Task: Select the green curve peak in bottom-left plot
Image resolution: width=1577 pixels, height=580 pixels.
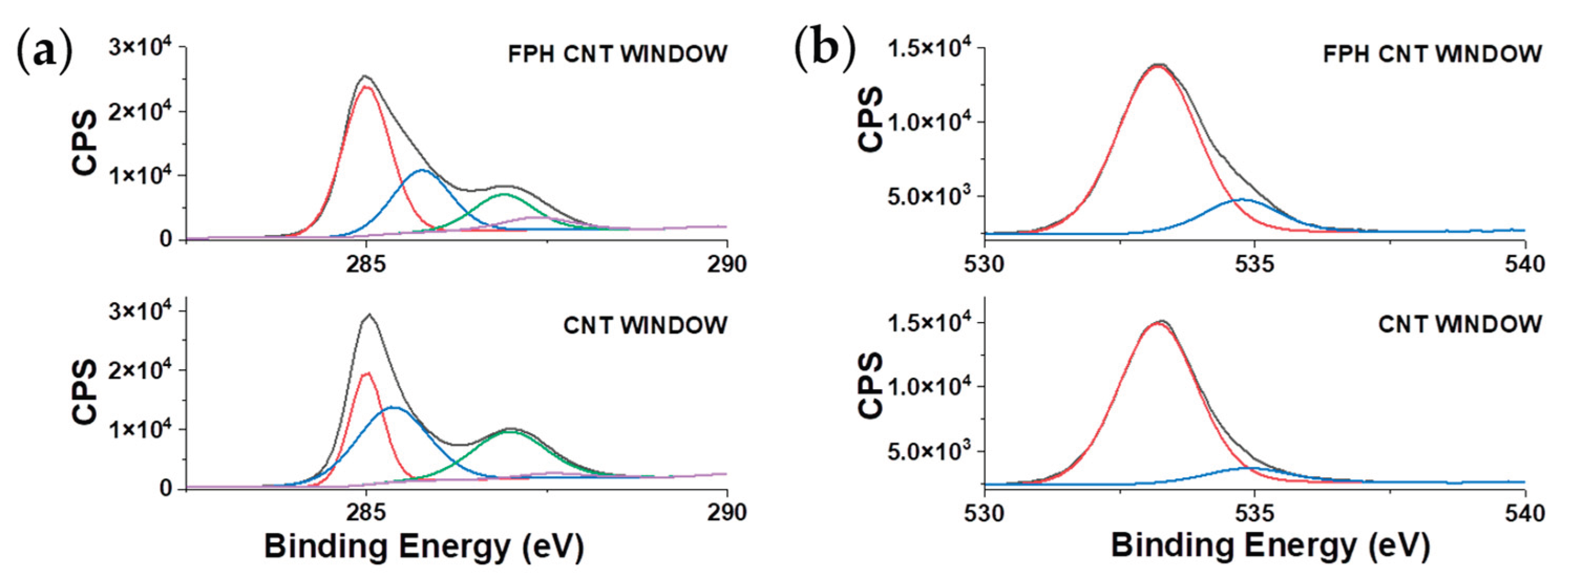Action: tap(510, 431)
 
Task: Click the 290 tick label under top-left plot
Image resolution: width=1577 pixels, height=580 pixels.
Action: tap(727, 264)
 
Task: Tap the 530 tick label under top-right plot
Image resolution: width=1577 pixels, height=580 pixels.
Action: tap(984, 264)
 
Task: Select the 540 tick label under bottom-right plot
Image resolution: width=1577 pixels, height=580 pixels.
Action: tap(1525, 513)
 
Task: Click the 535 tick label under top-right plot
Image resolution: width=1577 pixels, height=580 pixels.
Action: tap(1254, 264)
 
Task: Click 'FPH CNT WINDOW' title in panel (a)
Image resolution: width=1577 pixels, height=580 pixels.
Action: tap(617, 55)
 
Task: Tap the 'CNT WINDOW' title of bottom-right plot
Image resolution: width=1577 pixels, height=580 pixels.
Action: tap(1459, 324)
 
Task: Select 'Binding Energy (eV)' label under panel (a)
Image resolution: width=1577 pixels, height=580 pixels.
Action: tap(424, 546)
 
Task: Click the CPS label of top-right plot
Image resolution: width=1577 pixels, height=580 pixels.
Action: tap(871, 120)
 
